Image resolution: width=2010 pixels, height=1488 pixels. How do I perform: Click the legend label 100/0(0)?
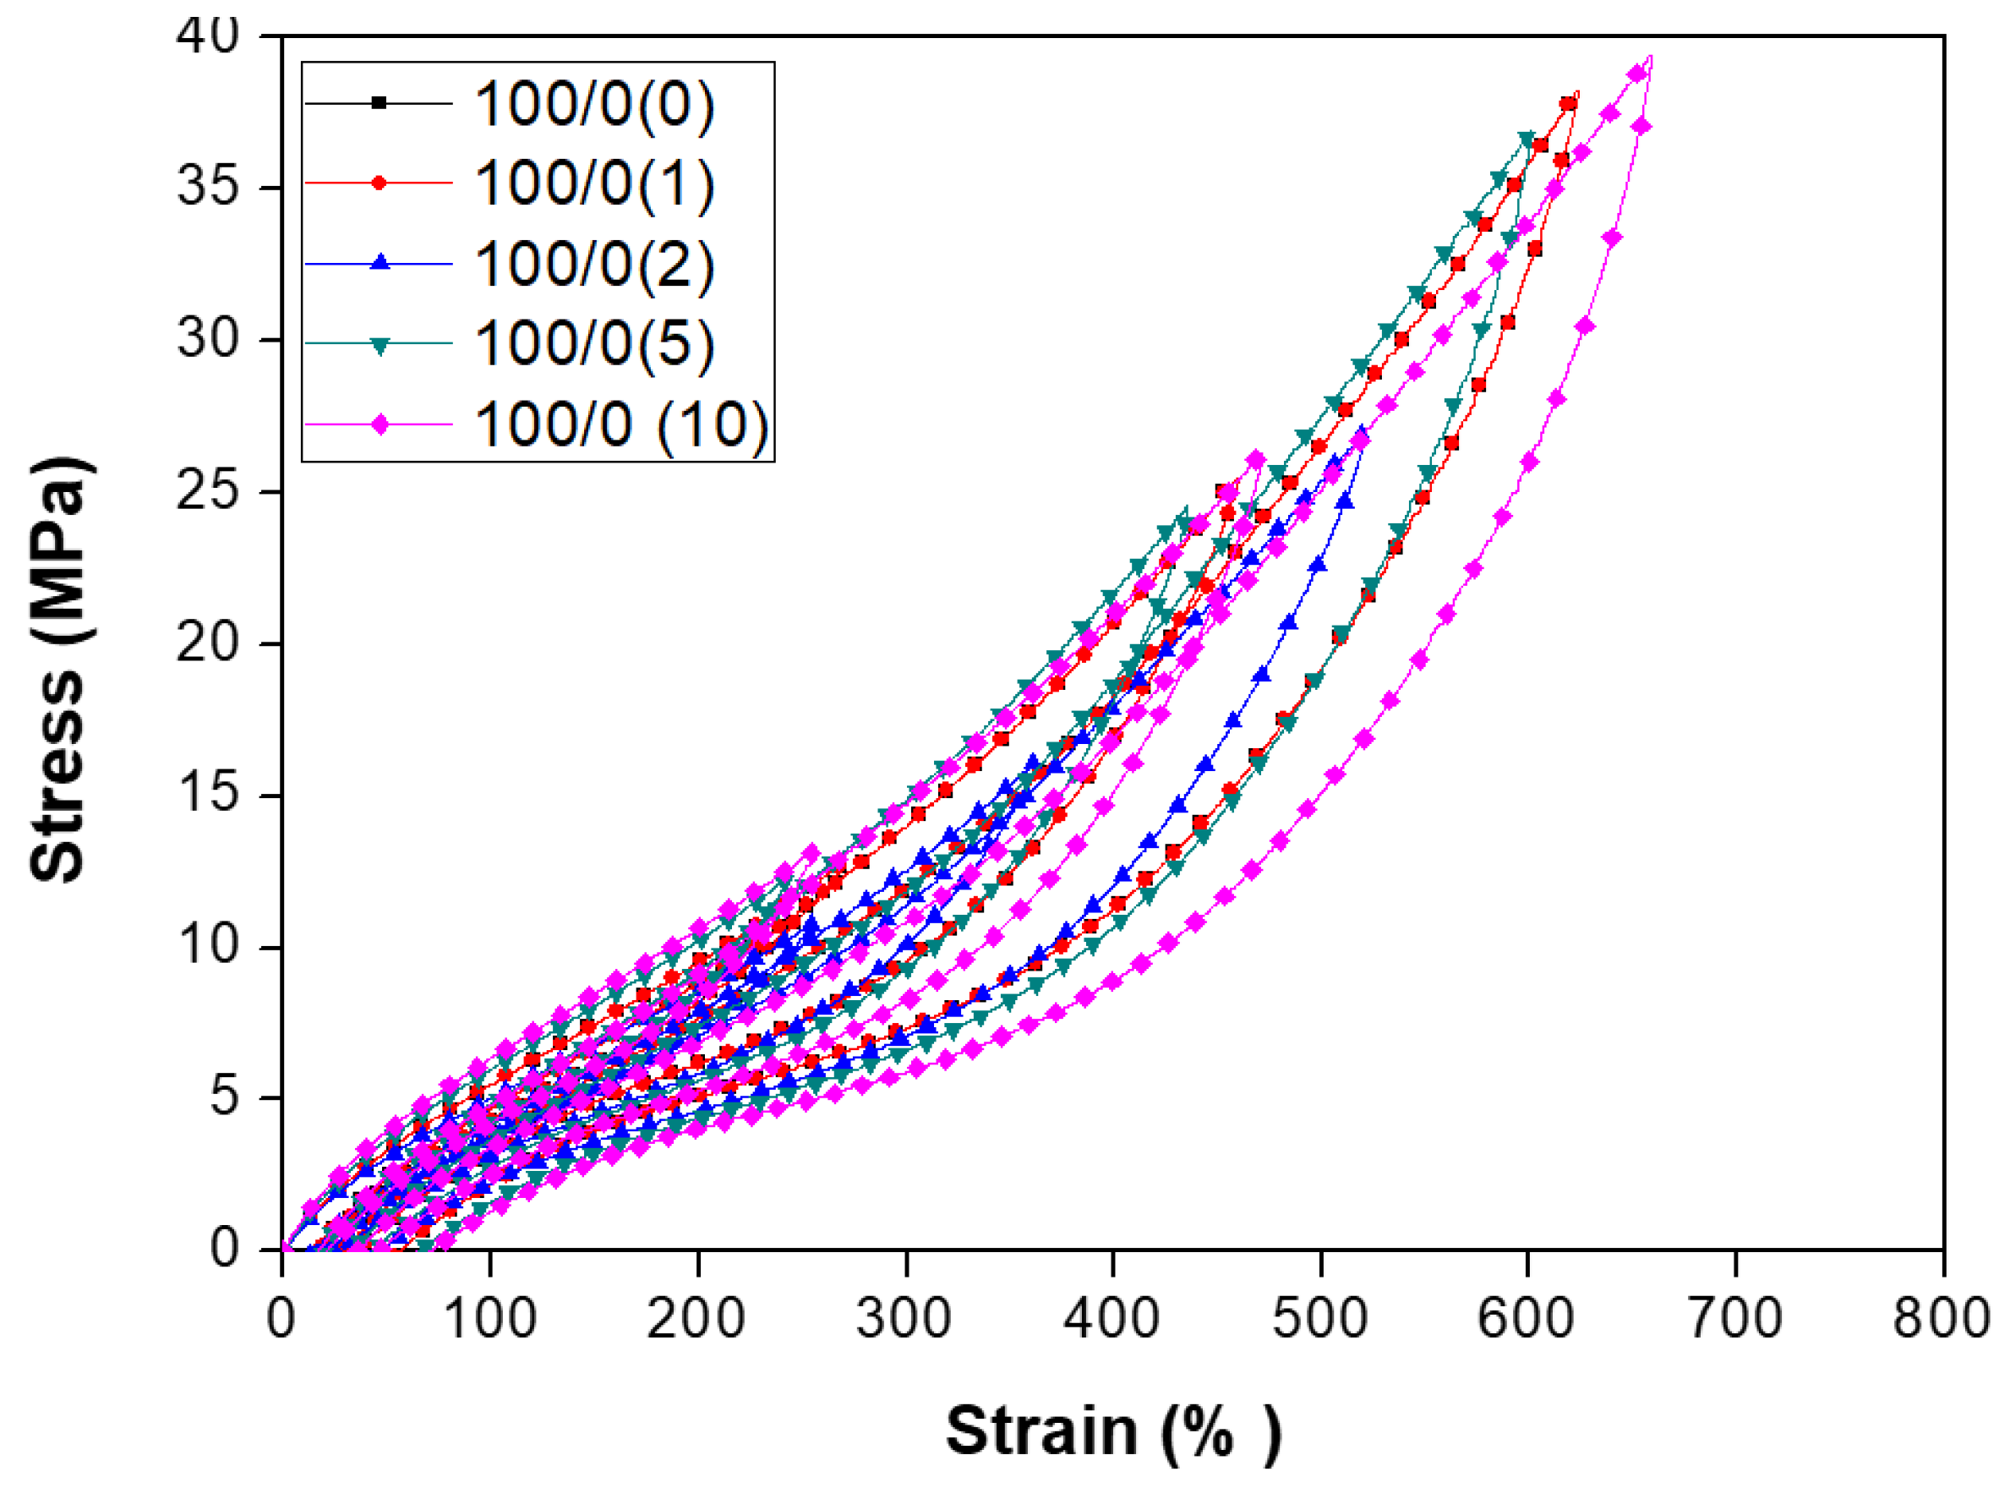(594, 104)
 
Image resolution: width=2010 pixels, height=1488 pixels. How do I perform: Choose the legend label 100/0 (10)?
(621, 424)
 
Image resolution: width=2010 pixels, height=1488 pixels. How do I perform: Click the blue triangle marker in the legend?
(380, 263)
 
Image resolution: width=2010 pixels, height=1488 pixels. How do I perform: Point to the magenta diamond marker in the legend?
(380, 424)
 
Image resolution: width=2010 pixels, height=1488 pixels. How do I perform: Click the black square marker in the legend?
(380, 102)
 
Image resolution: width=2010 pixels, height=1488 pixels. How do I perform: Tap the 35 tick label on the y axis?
(208, 188)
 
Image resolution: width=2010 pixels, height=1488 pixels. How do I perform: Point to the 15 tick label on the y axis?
(208, 795)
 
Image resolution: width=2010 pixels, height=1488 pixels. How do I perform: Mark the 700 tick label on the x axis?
(1734, 1318)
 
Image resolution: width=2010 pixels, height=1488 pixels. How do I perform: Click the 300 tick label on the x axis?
(904, 1318)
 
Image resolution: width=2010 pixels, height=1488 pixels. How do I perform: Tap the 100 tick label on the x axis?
(490, 1318)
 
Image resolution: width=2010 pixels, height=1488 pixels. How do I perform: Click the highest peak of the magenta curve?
(1651, 57)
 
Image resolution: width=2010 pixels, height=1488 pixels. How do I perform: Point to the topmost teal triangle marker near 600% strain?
(1527, 139)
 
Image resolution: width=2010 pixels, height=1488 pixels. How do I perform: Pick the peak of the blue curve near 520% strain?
(1363, 429)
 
